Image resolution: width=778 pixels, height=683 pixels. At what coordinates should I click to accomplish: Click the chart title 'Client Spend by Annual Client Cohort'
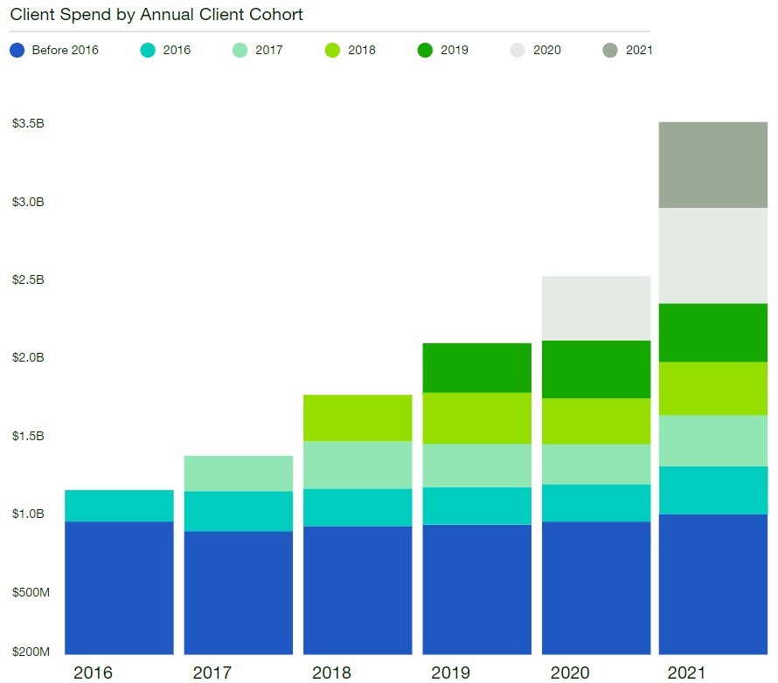click(156, 15)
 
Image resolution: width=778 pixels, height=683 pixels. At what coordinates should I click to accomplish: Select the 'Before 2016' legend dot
click(17, 50)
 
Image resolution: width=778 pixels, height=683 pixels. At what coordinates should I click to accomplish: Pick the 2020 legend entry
click(535, 50)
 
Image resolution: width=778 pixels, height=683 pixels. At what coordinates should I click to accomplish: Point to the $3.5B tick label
click(28, 123)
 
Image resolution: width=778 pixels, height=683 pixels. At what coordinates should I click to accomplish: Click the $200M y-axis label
click(31, 652)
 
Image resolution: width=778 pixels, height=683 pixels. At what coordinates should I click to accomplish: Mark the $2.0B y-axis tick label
click(28, 357)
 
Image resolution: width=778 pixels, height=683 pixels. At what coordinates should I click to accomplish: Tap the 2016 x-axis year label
click(94, 673)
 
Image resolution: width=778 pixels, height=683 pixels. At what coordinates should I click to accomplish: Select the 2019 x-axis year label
click(451, 673)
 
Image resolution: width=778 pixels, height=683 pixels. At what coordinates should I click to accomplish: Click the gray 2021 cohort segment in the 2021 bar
click(712, 165)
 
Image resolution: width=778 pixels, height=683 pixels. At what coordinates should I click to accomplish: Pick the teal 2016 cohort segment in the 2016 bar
click(119, 506)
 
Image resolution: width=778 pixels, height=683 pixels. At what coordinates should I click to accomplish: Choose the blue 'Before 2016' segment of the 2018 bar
click(358, 590)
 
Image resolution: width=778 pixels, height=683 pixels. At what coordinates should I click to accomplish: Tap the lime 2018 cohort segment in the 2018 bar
click(358, 417)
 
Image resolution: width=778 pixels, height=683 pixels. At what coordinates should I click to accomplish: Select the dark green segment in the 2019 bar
click(477, 368)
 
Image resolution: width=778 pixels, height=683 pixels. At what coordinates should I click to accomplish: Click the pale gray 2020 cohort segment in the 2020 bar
click(596, 308)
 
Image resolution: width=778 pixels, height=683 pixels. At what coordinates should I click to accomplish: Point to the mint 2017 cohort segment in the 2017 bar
click(239, 473)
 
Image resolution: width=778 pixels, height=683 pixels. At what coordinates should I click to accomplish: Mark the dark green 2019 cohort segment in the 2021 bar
click(712, 333)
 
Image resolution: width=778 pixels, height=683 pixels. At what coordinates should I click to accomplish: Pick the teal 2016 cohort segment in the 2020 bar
click(596, 503)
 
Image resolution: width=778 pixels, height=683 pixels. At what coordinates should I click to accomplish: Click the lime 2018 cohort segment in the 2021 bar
click(712, 389)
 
